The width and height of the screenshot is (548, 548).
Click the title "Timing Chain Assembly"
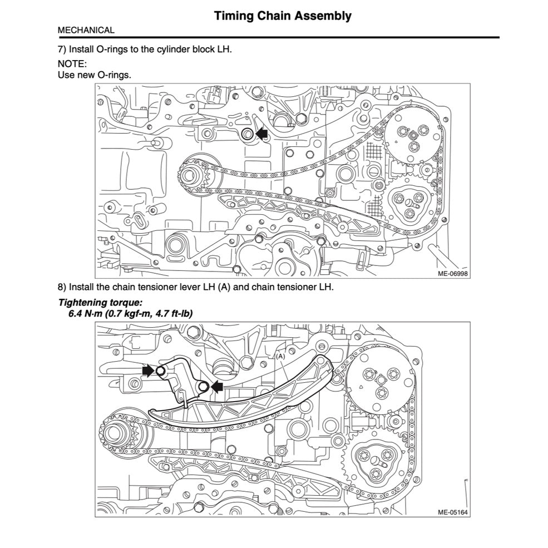click(x=283, y=16)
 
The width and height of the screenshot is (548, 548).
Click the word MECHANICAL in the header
click(x=86, y=31)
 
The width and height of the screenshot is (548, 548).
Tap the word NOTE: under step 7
click(x=72, y=64)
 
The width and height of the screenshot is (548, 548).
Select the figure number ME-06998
click(x=452, y=274)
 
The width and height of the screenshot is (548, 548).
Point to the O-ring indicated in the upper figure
click(x=247, y=134)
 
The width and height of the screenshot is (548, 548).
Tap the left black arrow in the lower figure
click(x=148, y=371)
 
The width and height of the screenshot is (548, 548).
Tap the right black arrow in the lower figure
click(x=215, y=386)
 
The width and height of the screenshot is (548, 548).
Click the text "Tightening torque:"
click(x=100, y=303)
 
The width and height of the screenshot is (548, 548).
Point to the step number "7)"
click(x=62, y=49)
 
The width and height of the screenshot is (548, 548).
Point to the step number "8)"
click(x=62, y=288)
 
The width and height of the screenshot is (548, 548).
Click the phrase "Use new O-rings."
click(x=95, y=75)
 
